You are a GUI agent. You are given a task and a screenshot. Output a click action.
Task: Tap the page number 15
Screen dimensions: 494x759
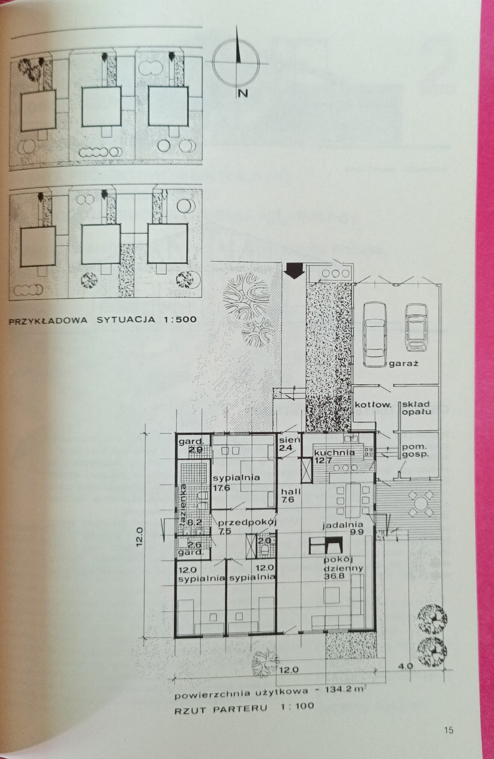point(448,730)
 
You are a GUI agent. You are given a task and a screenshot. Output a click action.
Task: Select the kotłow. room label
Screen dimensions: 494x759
point(373,405)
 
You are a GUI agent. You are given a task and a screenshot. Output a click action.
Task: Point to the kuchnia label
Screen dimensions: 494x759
point(334,452)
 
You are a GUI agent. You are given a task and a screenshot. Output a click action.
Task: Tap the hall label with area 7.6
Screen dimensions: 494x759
point(291,495)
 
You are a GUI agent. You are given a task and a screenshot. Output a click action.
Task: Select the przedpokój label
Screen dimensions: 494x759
point(247,522)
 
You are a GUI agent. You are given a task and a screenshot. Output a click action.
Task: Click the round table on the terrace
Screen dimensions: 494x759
point(421,504)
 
